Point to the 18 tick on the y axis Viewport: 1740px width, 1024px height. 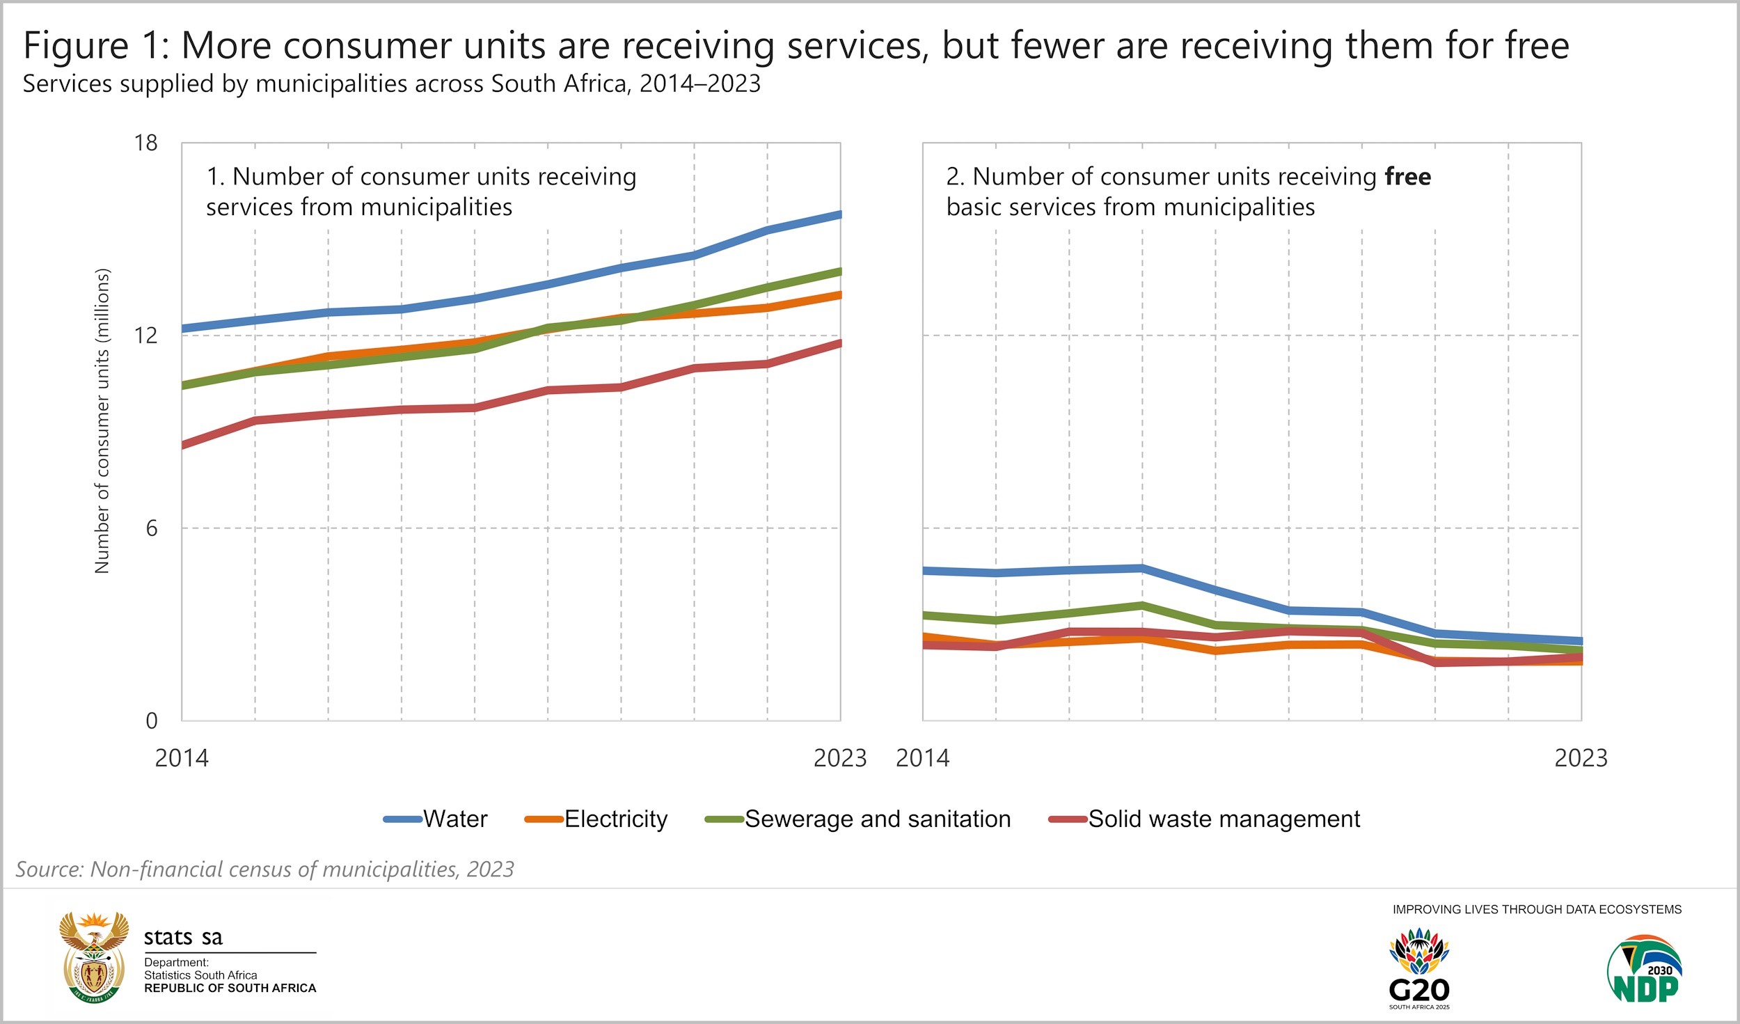pos(146,143)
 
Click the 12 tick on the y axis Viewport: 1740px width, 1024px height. pos(146,336)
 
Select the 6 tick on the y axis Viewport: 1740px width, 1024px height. pos(151,528)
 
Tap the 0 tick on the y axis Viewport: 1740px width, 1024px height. pos(151,720)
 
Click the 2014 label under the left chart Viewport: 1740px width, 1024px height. pos(182,758)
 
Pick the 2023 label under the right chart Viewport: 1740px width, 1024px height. pos(1581,758)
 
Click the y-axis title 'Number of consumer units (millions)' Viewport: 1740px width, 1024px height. pos(102,421)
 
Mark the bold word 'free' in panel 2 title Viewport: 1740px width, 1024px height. pos(1407,177)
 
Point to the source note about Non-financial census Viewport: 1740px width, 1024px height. pos(264,869)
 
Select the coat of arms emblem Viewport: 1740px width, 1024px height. pos(94,957)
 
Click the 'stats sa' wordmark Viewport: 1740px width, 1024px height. pos(183,938)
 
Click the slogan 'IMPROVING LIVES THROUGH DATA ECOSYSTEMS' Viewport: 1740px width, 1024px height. pos(1537,909)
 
